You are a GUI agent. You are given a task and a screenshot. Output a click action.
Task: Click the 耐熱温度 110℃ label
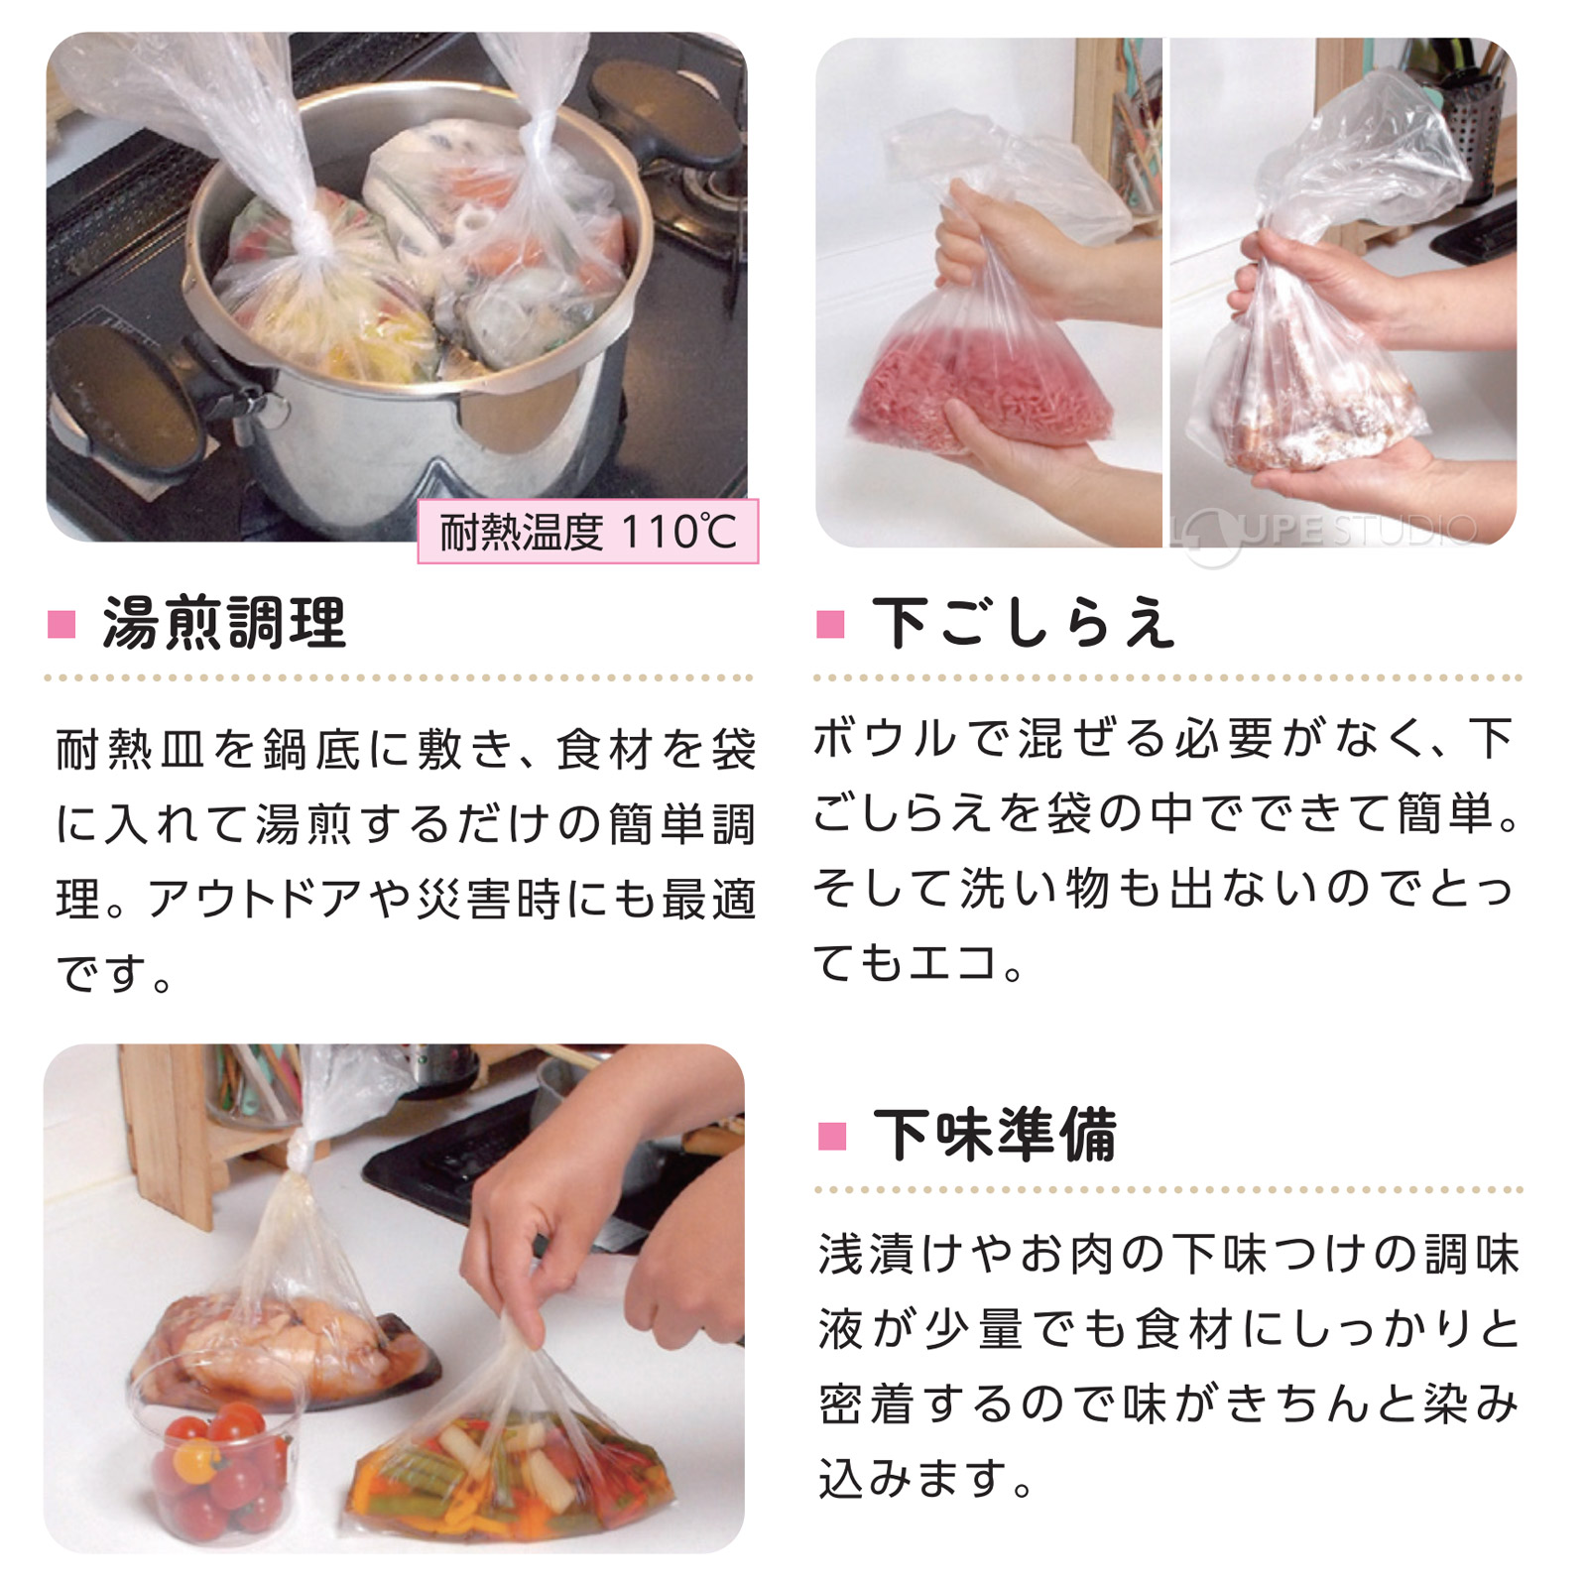point(588,532)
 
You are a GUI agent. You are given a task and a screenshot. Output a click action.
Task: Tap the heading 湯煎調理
point(225,624)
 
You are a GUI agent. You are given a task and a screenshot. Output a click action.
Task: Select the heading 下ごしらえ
point(1024,624)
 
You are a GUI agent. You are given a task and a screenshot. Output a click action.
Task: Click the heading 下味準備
point(995,1135)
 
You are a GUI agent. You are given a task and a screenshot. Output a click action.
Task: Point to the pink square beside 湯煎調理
point(61,625)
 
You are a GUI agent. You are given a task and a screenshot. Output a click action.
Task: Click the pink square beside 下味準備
point(831,1136)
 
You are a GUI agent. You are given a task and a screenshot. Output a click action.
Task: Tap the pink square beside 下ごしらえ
point(830,625)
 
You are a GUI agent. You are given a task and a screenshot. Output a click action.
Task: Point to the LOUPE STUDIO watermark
point(1329,532)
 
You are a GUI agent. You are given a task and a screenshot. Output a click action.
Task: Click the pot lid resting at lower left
point(124,397)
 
